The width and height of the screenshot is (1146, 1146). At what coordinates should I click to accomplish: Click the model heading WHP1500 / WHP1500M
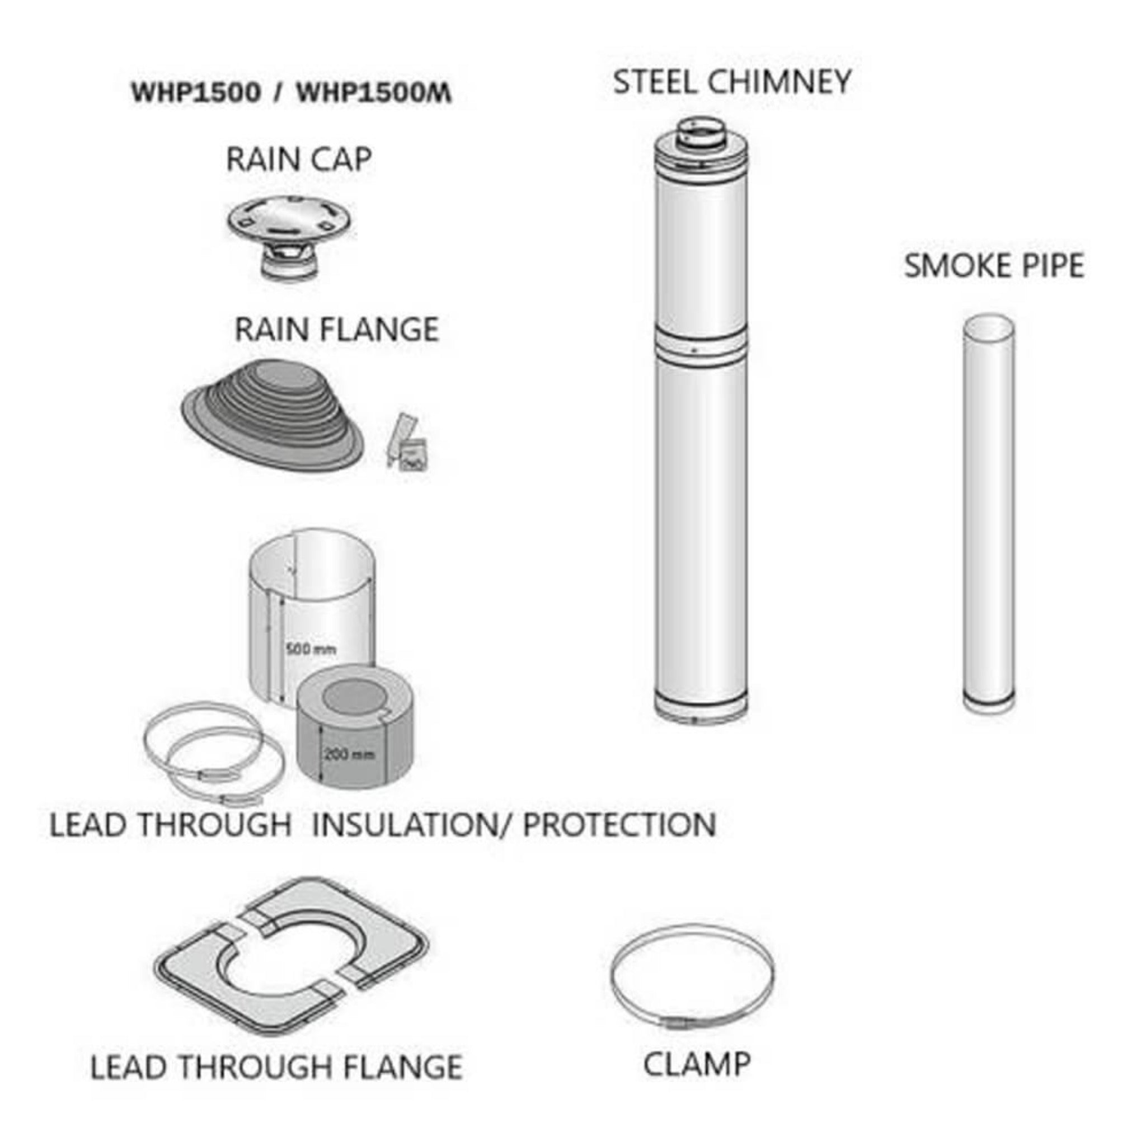290,93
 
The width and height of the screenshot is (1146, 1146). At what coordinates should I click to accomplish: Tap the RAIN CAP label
299,159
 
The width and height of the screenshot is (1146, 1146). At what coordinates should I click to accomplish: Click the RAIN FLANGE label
336,330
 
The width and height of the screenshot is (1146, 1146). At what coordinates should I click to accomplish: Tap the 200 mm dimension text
350,754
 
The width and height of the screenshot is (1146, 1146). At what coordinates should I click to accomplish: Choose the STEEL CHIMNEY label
732,82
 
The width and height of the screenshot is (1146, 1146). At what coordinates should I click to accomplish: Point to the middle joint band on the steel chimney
700,348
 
